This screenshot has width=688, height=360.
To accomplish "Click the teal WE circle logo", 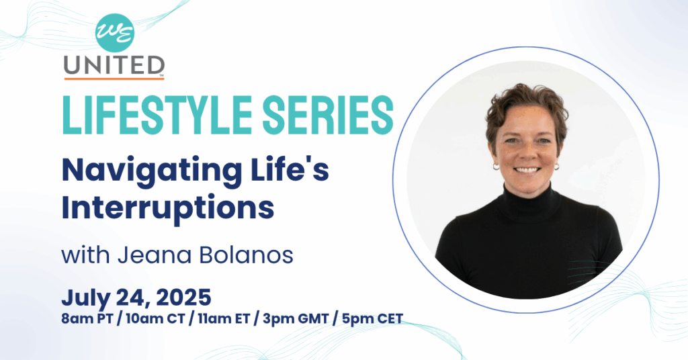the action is tap(114, 33).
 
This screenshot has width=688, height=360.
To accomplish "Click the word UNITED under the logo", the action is tap(114, 65).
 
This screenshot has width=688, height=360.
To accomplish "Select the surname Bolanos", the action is tap(246, 255).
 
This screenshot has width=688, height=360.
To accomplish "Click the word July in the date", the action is tap(86, 298).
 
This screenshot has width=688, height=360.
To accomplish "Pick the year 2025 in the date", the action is tap(183, 298).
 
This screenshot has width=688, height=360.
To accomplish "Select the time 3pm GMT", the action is tap(296, 318).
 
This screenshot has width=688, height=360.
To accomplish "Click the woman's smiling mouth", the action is tap(527, 170).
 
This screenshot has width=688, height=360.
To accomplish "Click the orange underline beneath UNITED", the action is tap(114, 79).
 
